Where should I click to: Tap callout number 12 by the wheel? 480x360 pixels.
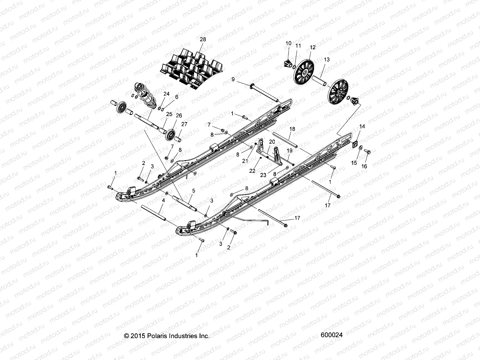coord(313,47)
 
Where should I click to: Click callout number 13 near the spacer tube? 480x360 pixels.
coord(327,60)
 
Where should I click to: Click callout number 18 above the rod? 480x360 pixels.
coord(292,129)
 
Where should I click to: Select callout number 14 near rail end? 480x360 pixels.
coord(362,127)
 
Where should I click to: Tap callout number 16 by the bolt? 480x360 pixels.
coord(364,166)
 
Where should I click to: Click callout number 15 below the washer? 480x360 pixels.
coord(354,163)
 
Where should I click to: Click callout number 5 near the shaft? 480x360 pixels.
coord(193,190)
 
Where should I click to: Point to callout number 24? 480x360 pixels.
coord(166,94)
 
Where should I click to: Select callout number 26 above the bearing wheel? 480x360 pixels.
coord(179,115)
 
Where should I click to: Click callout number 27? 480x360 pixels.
coord(184,124)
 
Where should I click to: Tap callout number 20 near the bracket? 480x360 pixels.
coord(272,141)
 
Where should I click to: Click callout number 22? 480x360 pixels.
coord(252,171)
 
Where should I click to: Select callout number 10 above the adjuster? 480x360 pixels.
coord(288,43)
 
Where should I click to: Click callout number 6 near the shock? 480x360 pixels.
coord(177,97)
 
